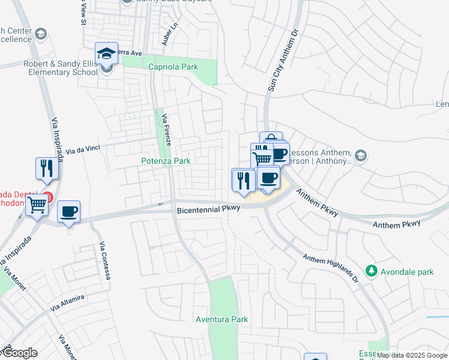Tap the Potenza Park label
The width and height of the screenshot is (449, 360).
pos(166,161)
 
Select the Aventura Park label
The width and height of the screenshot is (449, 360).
pos(222,319)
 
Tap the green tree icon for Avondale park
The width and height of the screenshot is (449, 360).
pos(372,272)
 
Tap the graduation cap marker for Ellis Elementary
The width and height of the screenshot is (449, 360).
pos(107,55)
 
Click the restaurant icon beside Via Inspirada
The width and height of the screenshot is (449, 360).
pos(47,168)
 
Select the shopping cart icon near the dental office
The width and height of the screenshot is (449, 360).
pos(37,205)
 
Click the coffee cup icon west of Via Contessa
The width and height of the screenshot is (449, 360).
pos(68,212)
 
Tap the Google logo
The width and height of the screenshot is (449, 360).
pos(19,353)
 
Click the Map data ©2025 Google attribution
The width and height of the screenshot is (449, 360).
pos(412,355)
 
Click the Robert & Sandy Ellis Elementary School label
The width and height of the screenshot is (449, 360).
pos(60,67)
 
